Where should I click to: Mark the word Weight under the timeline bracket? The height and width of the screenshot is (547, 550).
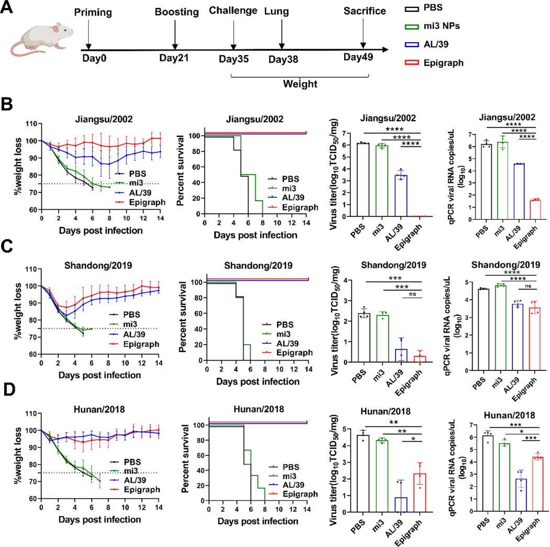coord(299,84)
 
